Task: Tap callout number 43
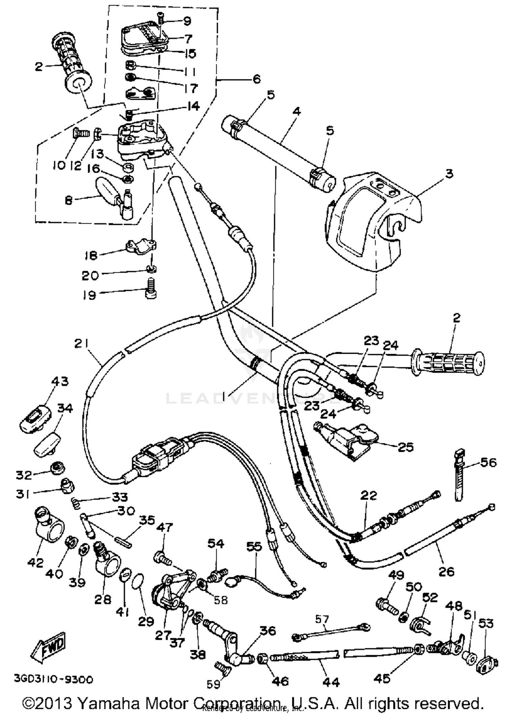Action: (x=60, y=381)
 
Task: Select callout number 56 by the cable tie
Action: (x=488, y=462)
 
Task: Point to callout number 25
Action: (x=406, y=447)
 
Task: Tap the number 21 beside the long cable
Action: (x=81, y=344)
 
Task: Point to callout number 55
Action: (x=254, y=547)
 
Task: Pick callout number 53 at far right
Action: (x=486, y=623)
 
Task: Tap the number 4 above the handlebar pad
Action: (x=296, y=111)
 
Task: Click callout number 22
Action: (x=368, y=496)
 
